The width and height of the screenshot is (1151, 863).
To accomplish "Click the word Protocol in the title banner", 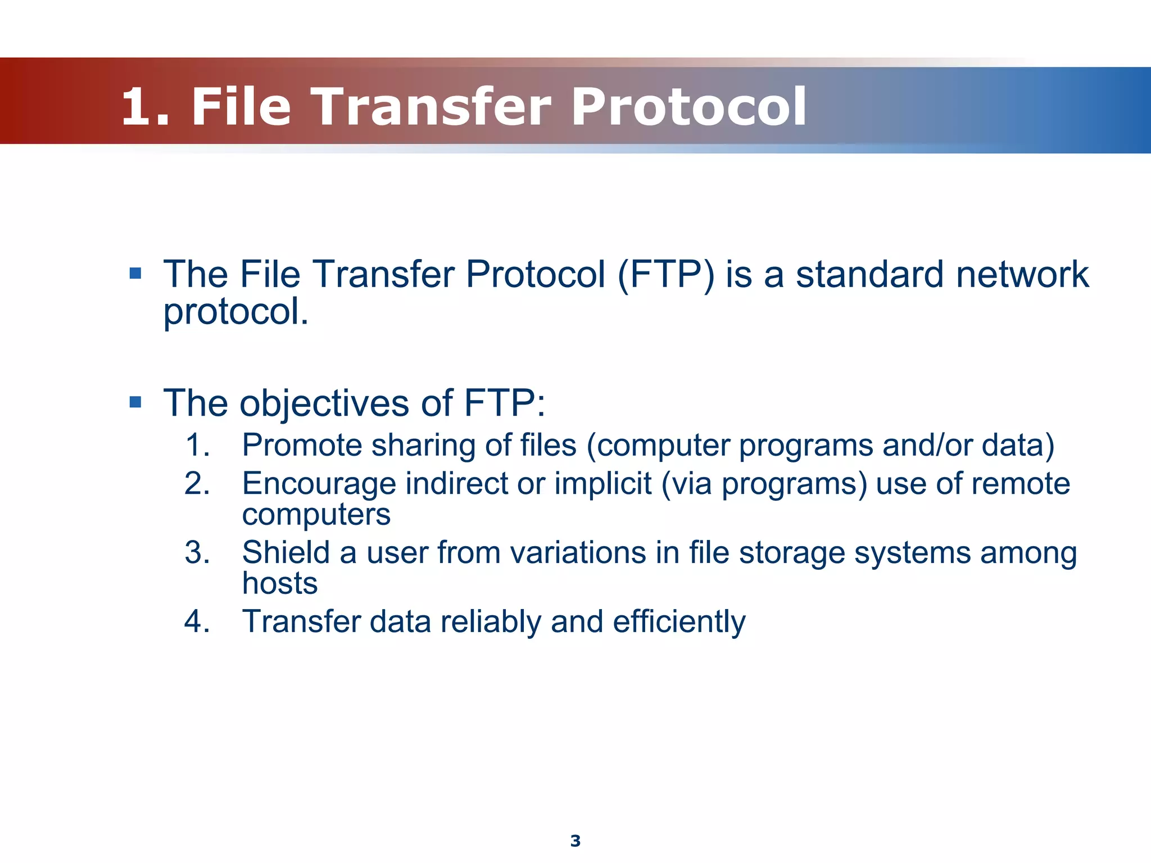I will pyautogui.click(x=689, y=107).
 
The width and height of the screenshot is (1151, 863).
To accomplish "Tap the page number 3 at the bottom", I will pyautogui.click(x=575, y=841).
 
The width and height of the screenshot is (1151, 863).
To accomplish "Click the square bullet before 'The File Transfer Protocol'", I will pyautogui.click(x=135, y=273).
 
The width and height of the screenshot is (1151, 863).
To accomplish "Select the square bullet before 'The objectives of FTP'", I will pyautogui.click(x=135, y=402).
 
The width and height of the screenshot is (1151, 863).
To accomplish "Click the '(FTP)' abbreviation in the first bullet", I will pyautogui.click(x=666, y=275).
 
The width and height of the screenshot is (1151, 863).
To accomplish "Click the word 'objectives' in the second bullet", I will pyautogui.click(x=324, y=403).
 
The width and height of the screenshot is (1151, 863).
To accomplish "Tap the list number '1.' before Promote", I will pyautogui.click(x=197, y=445).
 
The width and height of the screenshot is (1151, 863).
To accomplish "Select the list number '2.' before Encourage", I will pyautogui.click(x=197, y=483).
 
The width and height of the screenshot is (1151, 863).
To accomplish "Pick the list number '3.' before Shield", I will pyautogui.click(x=197, y=552).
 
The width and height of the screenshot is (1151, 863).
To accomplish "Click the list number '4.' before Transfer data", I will pyautogui.click(x=197, y=621).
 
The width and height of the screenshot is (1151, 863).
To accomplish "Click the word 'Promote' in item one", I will pyautogui.click(x=302, y=445).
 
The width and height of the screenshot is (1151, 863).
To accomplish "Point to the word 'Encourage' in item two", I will pyautogui.click(x=319, y=484).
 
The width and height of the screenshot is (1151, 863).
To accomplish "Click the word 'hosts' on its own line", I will pyautogui.click(x=280, y=583).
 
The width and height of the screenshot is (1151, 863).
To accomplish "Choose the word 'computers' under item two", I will pyautogui.click(x=316, y=515).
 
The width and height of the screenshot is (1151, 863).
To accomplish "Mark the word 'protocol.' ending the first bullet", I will pyautogui.click(x=236, y=312).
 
